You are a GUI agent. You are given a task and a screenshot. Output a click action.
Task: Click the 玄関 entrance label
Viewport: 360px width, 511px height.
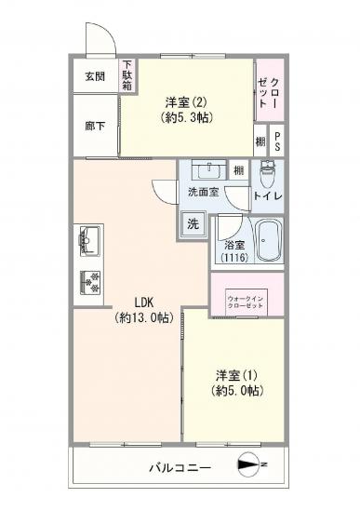pos(95,76)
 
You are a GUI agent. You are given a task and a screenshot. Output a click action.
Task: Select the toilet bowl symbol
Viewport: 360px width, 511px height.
pos(269,172)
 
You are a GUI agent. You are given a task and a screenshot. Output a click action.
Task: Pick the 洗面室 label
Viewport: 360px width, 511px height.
pos(203,193)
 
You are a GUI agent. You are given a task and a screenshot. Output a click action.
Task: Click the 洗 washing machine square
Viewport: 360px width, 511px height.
pos(193,223)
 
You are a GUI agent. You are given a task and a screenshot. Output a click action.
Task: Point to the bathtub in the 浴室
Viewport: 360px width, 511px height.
pos(268,242)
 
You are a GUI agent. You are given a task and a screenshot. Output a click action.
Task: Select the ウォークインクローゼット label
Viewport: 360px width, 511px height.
pos(247,303)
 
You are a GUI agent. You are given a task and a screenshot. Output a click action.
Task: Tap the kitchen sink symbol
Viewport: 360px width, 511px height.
pos(90,240)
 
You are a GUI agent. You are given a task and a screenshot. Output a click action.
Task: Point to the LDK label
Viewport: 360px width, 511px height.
pos(143,302)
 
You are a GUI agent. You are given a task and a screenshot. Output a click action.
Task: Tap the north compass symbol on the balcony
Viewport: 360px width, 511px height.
pos(250,464)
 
